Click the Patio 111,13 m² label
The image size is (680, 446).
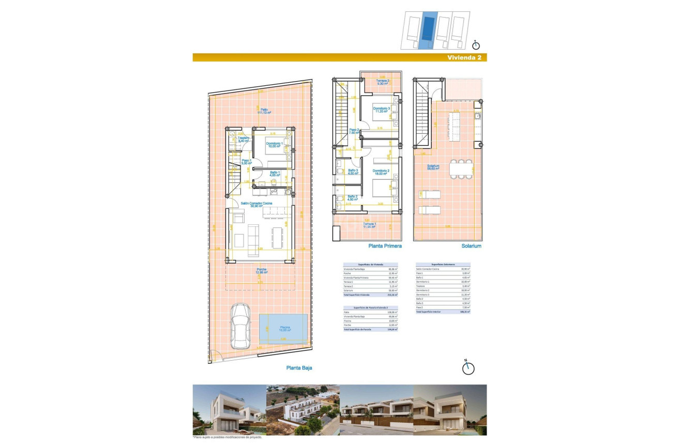[x=264, y=111]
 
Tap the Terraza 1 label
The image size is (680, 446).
[x=369, y=225]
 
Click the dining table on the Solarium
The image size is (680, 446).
[x=461, y=169]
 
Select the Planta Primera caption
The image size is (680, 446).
[x=385, y=247]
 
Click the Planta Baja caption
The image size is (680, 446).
[x=299, y=368]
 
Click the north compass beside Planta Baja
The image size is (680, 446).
[x=468, y=367]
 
